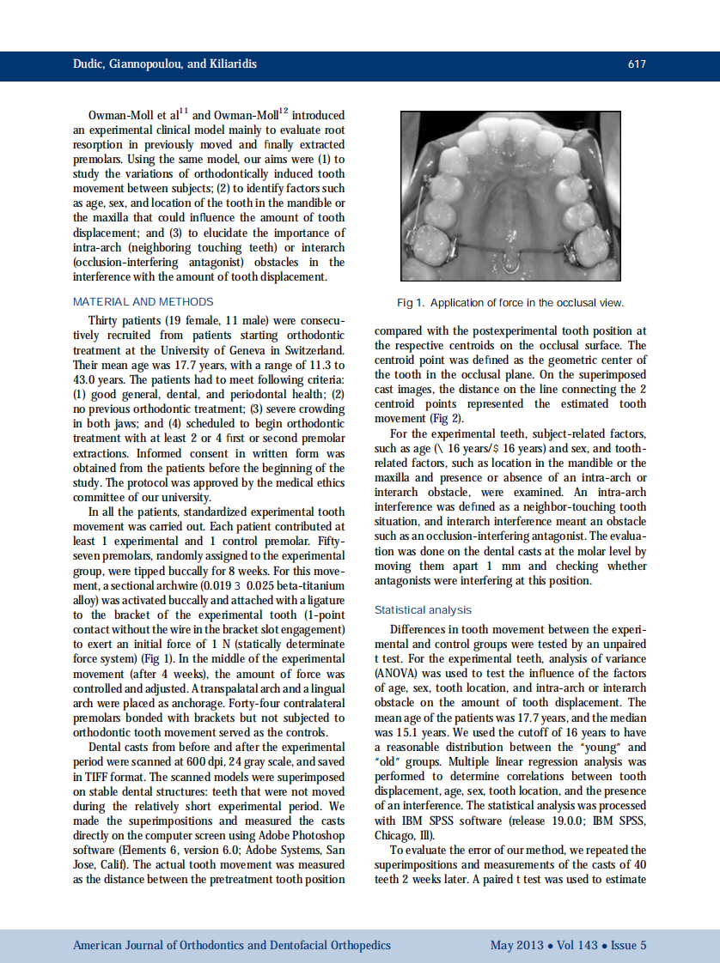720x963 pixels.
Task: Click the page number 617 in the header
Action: coord(636,64)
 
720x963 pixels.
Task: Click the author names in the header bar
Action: coord(165,64)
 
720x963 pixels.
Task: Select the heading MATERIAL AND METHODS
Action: coord(143,301)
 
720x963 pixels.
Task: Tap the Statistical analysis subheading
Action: coord(423,610)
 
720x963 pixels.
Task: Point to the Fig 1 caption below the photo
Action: coord(510,303)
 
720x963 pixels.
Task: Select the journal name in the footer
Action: coord(231,945)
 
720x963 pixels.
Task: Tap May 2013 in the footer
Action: coord(516,945)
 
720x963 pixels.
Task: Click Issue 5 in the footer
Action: coord(628,945)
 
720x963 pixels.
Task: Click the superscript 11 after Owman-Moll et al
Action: coord(184,111)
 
